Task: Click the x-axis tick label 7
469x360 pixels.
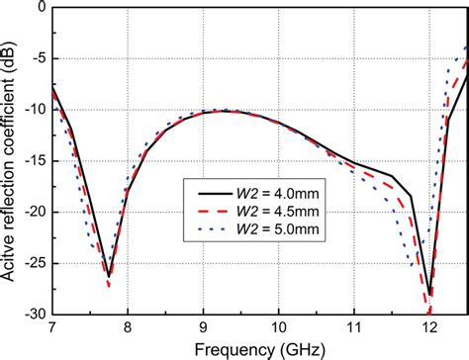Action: [52, 327]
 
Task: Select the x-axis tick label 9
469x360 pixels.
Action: [203, 327]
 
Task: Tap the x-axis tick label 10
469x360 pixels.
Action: [279, 327]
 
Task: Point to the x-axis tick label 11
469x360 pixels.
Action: [354, 327]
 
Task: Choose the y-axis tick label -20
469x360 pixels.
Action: [32, 213]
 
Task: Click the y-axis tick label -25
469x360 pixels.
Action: [32, 264]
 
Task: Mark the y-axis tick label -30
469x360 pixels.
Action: [32, 315]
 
